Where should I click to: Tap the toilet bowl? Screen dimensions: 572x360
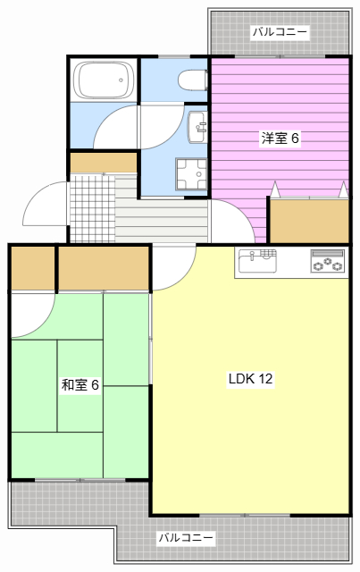point(192,81)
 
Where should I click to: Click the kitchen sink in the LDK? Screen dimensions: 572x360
point(256,262)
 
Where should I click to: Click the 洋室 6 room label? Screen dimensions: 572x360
point(279,139)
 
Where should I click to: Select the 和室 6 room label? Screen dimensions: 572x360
point(80,385)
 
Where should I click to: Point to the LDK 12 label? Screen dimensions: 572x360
point(250,378)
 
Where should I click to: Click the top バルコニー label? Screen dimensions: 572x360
point(280,32)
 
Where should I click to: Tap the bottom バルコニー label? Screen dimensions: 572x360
point(186,538)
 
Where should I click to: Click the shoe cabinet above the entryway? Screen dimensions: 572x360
point(104,163)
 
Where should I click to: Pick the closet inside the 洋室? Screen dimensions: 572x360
point(308,220)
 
